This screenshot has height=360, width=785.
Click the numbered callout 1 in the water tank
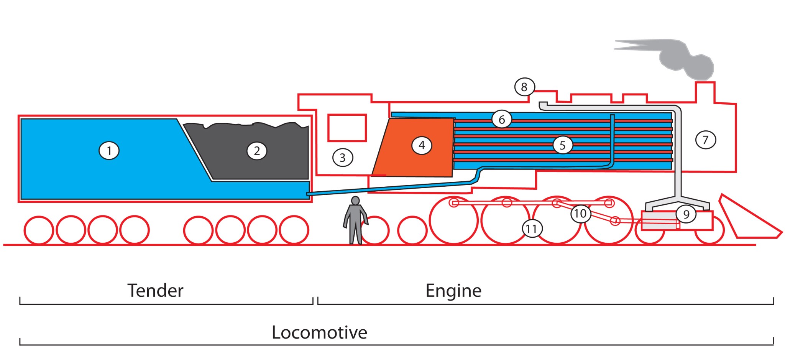109,150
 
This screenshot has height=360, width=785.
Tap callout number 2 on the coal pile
257,150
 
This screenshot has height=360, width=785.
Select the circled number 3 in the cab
342,157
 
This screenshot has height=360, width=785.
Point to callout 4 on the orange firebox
422,145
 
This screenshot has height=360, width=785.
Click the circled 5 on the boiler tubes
562,145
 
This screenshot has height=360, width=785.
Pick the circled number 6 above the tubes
501,119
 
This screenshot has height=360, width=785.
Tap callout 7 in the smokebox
705,140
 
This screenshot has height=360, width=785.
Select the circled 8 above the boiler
524,87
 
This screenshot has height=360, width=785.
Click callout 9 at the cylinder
686,214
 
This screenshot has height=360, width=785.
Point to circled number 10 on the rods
580,213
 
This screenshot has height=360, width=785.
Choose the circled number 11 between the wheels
532,228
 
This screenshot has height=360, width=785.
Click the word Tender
155,291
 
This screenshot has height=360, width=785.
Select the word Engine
453,291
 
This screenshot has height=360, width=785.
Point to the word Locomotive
319,332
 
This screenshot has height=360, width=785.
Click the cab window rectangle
347,128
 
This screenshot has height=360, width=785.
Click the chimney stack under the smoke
705,92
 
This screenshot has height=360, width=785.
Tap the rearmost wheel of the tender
39,230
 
